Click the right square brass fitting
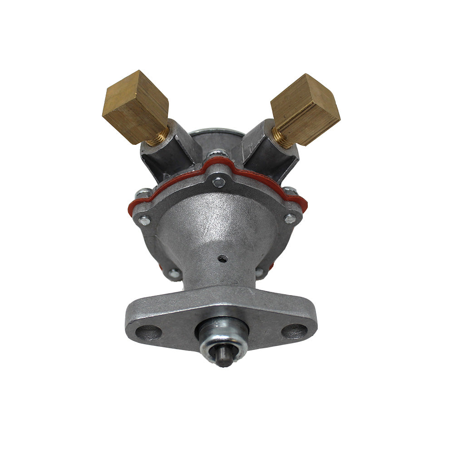305,109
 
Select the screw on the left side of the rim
144,221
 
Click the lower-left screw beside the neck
174,273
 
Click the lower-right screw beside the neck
259,272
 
